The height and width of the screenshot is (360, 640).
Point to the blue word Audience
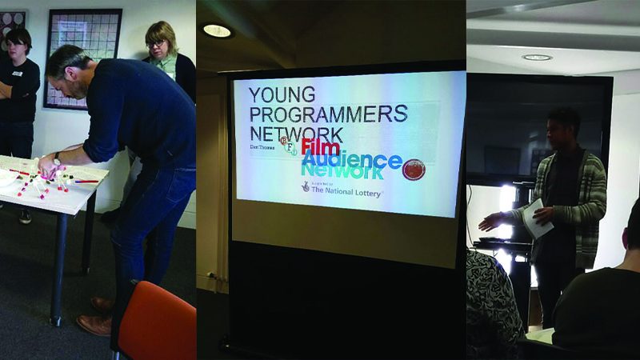(351, 160)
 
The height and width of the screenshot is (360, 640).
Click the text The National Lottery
(346, 192)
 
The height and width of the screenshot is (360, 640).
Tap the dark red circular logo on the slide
(414, 169)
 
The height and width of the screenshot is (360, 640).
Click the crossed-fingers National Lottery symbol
(306, 186)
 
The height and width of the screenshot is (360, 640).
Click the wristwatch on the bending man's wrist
(57, 158)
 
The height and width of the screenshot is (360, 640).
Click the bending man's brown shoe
(94, 324)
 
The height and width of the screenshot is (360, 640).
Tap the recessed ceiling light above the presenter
(537, 58)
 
